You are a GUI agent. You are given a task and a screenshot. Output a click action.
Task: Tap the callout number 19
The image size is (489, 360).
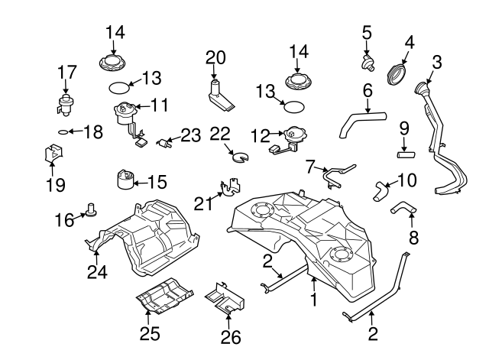(x=55, y=184)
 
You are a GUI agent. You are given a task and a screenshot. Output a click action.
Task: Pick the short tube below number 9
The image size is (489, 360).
(x=405, y=154)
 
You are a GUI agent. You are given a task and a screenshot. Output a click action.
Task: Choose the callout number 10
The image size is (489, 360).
(x=408, y=181)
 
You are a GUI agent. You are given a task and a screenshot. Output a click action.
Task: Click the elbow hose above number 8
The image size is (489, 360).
(x=402, y=207)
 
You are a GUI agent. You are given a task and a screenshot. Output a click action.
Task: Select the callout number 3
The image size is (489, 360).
(x=437, y=60)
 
